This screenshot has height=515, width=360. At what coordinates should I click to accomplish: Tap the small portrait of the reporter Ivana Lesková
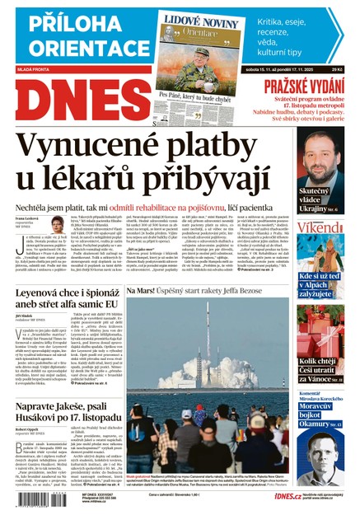click(x=58, y=224)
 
